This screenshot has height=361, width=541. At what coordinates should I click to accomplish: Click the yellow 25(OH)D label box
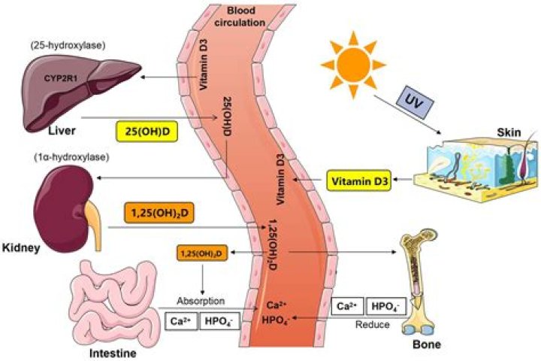pos(153,132)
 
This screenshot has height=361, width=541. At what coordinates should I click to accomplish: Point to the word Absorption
pos(199,301)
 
